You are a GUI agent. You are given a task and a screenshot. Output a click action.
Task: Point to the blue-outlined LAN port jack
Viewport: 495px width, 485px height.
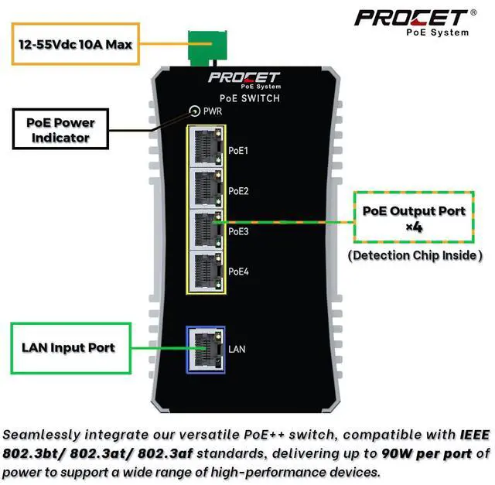point(205,349)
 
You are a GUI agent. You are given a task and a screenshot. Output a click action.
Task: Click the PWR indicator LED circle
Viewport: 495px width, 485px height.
point(193,111)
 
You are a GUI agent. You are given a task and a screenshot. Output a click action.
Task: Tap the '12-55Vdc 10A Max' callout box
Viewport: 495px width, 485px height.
point(76,44)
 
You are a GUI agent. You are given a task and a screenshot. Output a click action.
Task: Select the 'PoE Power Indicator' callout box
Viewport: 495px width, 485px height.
point(60,130)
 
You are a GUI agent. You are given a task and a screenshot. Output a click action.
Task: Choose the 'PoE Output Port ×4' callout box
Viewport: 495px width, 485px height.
point(414,218)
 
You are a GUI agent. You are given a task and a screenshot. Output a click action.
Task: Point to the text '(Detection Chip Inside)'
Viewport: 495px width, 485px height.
point(415,255)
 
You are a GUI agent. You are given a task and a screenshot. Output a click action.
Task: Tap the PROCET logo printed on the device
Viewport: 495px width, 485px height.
point(244,80)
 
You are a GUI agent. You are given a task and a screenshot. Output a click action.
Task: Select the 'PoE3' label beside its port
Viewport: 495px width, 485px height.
point(238,231)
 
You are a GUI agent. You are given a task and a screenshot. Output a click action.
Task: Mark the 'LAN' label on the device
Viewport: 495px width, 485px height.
point(237,350)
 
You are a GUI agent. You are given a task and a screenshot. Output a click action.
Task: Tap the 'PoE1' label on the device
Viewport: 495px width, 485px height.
point(238,150)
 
